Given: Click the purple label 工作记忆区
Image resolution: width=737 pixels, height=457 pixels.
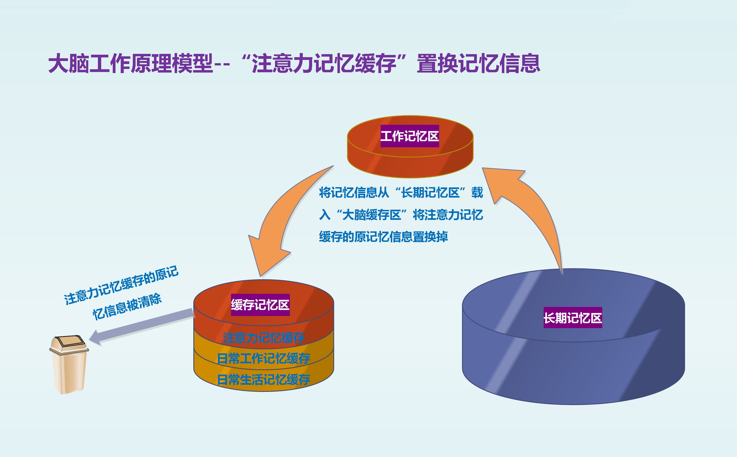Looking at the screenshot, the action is click(409, 136).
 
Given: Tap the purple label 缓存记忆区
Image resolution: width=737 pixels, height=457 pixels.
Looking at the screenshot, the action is click(260, 305).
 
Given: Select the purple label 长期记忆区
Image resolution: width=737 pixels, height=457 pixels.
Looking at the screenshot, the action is click(573, 318).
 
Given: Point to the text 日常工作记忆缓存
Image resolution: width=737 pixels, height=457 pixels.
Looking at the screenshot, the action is click(263, 358).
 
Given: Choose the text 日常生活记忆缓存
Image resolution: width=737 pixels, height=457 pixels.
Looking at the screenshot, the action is click(263, 379).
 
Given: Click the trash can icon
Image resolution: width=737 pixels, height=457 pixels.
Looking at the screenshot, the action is click(69, 364).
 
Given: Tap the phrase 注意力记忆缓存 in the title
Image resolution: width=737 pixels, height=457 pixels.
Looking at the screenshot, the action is click(324, 63).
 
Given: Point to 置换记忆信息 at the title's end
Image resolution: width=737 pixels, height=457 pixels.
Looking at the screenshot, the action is click(479, 63).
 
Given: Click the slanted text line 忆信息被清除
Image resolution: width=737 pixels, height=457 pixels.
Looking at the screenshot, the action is click(127, 306).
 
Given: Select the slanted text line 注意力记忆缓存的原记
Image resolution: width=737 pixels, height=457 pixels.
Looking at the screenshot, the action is click(121, 285).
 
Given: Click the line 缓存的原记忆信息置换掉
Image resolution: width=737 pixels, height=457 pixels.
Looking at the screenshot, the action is click(383, 236).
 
